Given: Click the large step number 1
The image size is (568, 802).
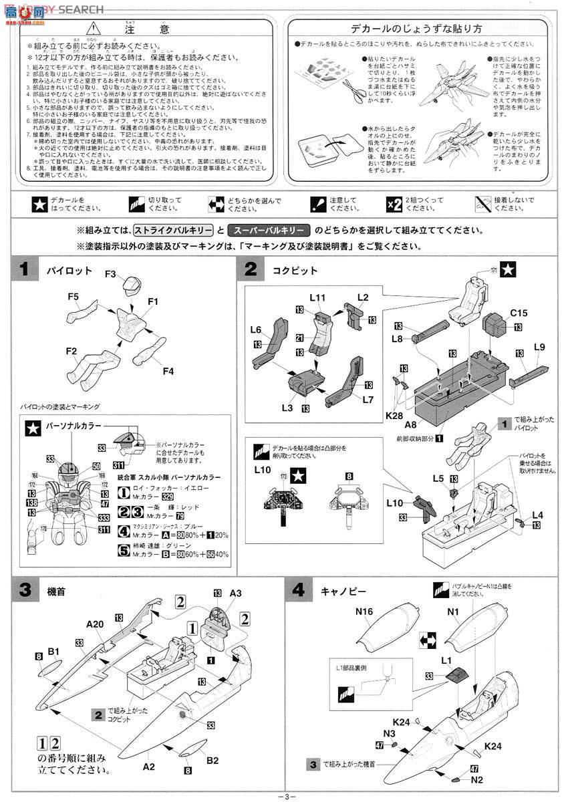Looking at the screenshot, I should click(x=24, y=270).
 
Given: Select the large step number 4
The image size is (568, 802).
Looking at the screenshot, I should click(x=299, y=591).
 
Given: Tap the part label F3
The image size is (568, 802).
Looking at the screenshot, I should click(x=111, y=273).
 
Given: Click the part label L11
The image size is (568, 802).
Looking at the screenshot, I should click(x=318, y=297).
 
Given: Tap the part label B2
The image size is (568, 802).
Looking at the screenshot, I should click(x=212, y=760).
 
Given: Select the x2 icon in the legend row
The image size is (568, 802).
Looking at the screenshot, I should click(x=394, y=204).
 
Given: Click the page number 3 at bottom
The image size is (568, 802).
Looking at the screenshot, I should click(x=285, y=795).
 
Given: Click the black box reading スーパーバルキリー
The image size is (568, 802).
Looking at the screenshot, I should click(x=269, y=230).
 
